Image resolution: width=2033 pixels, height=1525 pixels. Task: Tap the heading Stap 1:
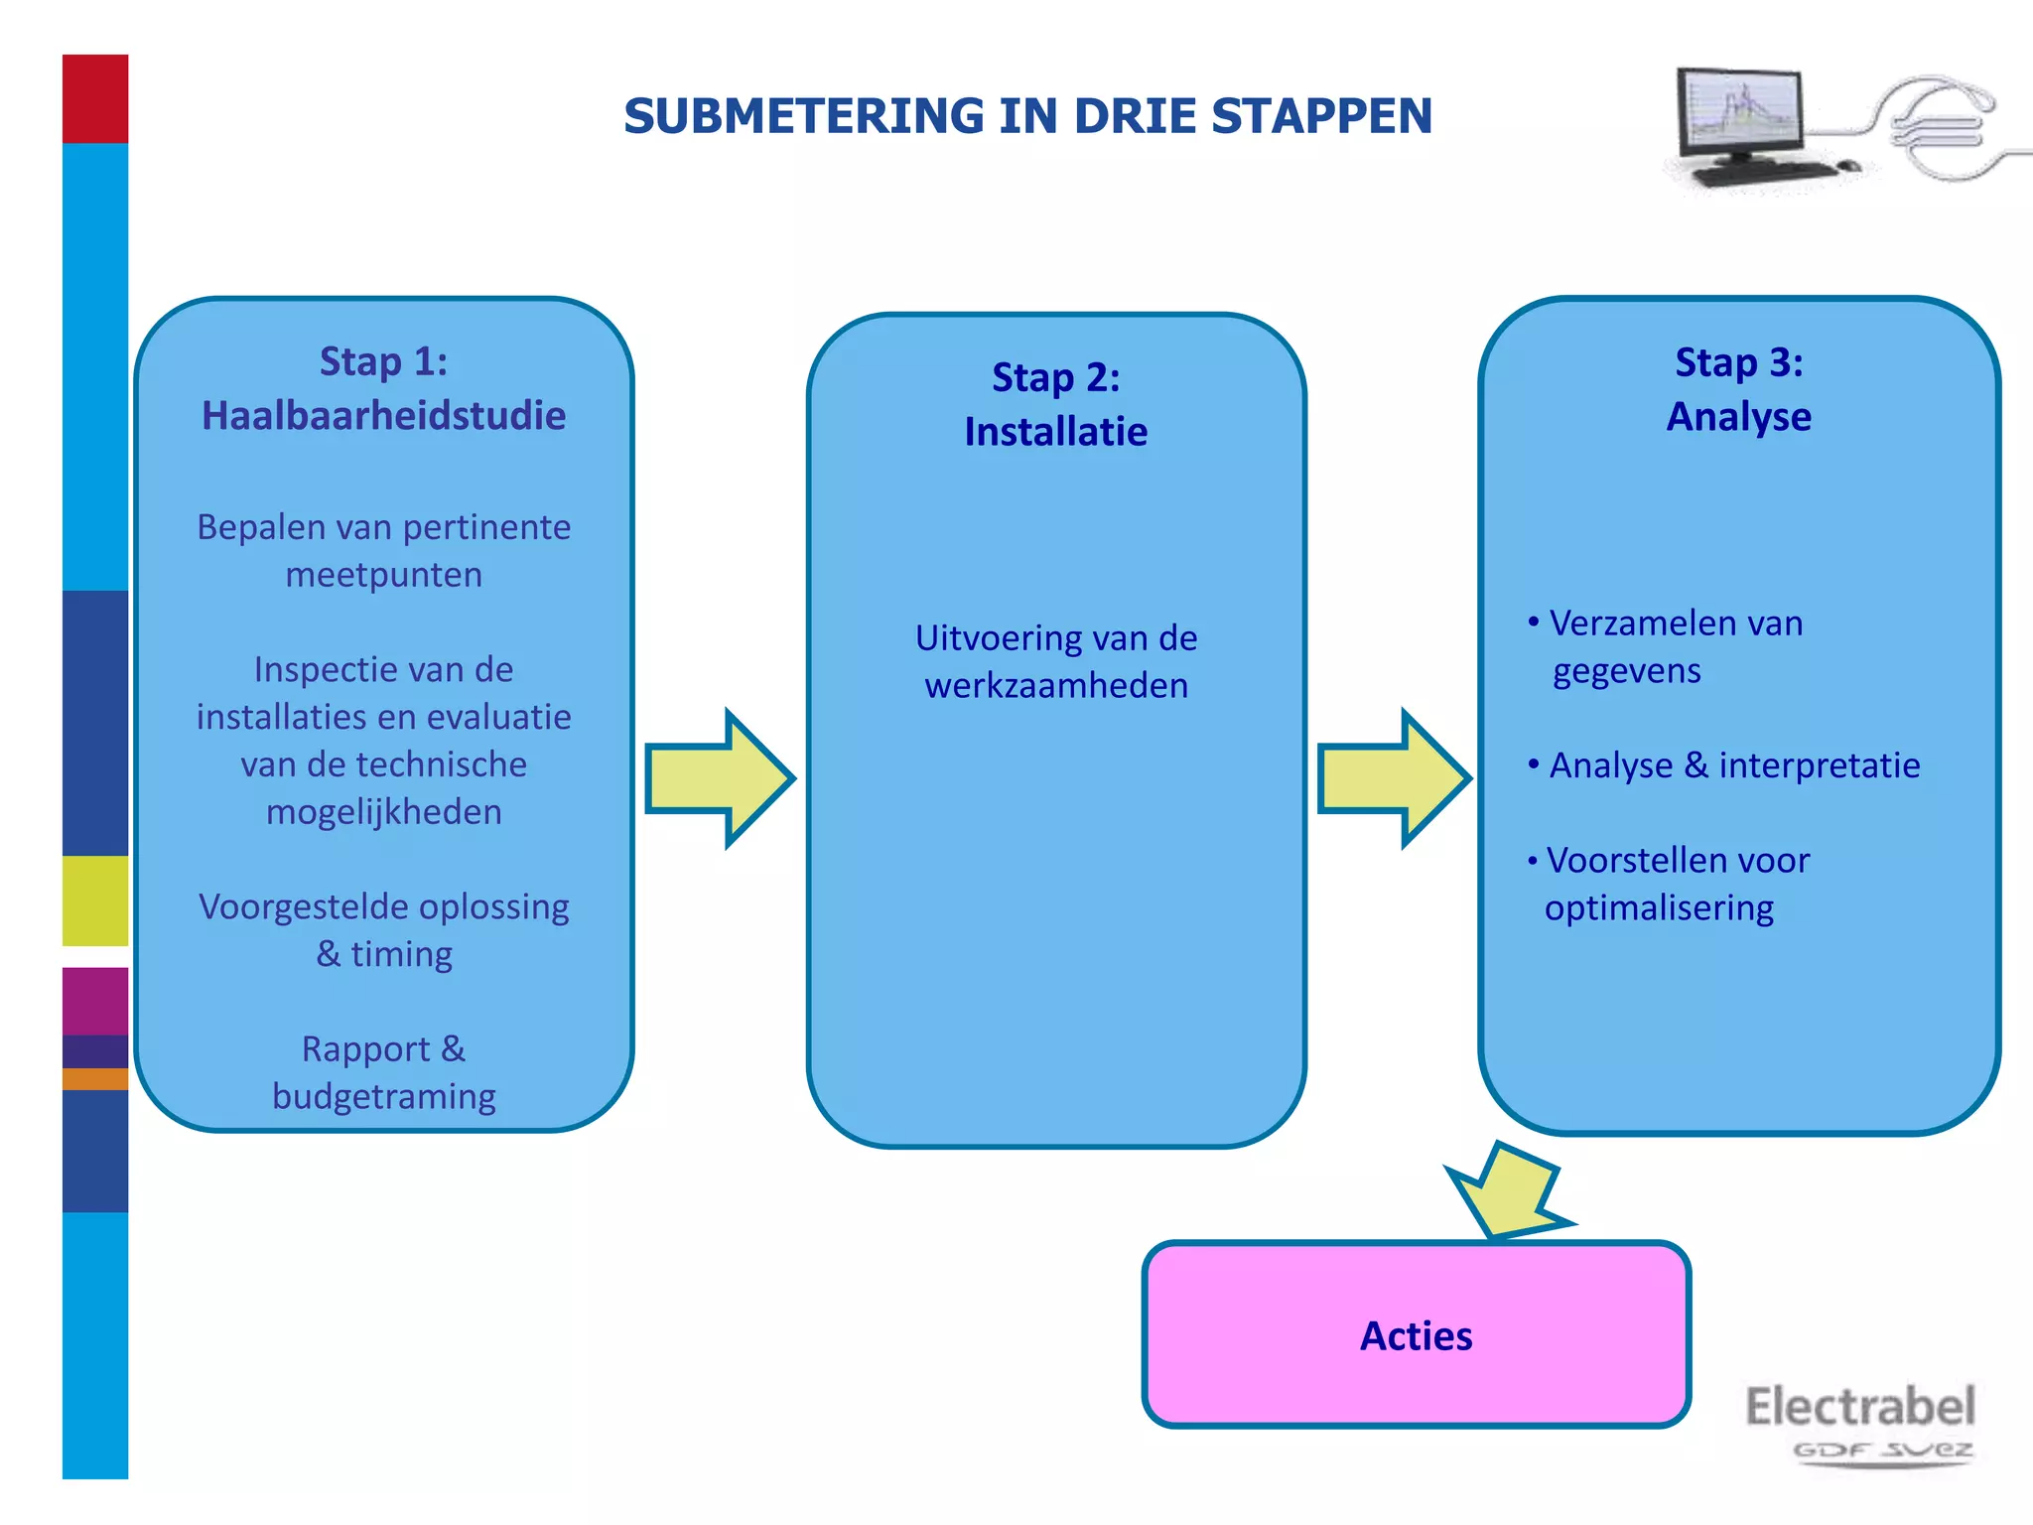tap(383, 361)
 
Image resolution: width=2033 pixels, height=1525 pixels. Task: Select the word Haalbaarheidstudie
tap(383, 416)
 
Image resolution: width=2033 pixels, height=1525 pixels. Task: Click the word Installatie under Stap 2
tap(1055, 432)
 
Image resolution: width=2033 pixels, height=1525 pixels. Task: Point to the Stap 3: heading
tap(1738, 362)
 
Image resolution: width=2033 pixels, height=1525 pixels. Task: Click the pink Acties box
tap(1416, 1335)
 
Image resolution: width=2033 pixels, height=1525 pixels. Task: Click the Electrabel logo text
tap(1859, 1407)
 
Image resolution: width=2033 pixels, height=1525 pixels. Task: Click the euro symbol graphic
tap(1936, 129)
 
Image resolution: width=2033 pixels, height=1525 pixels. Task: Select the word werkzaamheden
tap(1055, 686)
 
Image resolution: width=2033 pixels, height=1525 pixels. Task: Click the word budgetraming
tap(383, 1097)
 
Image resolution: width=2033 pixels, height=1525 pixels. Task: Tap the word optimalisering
tap(1659, 908)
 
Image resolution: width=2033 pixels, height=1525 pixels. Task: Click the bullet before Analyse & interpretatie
tap(1534, 764)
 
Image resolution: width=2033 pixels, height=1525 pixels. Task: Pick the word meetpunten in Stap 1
tap(383, 575)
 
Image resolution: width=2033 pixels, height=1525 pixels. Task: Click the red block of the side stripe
tap(95, 98)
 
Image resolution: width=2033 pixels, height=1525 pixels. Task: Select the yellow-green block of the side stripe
tap(95, 901)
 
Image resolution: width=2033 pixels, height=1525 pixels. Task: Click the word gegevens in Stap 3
tap(1626, 672)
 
